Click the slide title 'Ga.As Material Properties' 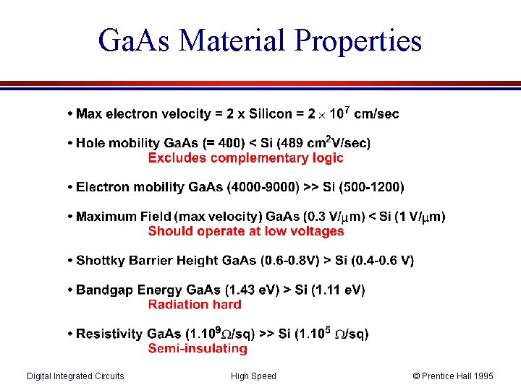click(260, 40)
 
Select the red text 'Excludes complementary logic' click(245, 157)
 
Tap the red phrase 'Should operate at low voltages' click(246, 231)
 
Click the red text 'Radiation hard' click(195, 304)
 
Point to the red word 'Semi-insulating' click(198, 348)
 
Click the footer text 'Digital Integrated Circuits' click(75, 376)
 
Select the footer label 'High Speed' click(253, 376)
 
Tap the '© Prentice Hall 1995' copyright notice click(453, 376)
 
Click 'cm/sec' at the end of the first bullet click(376, 114)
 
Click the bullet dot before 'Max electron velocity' click(69, 114)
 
